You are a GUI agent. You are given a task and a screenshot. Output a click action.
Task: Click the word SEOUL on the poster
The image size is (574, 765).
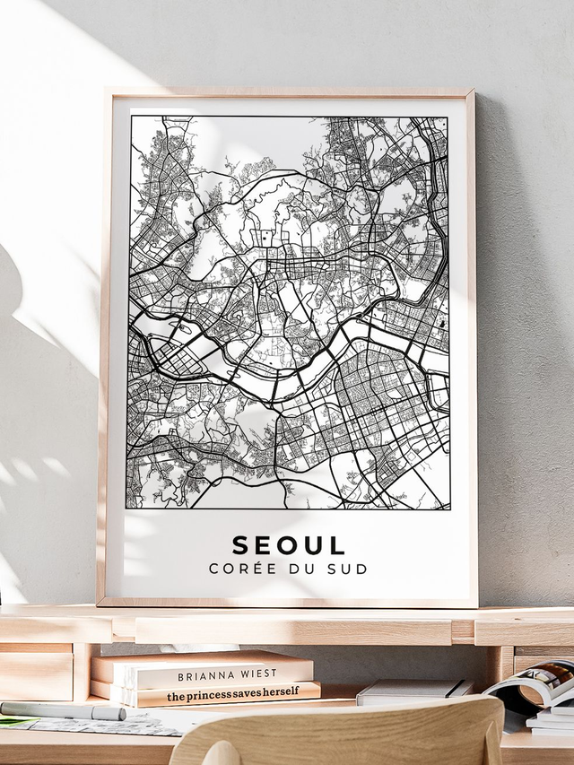tap(289, 545)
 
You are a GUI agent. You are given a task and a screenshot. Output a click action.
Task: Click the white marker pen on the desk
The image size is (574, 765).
tap(63, 711)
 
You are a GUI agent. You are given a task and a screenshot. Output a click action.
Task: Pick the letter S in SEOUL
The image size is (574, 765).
tap(241, 545)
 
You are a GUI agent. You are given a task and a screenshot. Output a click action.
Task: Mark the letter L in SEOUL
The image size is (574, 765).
tap(337, 545)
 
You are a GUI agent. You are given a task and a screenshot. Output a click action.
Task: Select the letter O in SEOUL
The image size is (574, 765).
tap(289, 545)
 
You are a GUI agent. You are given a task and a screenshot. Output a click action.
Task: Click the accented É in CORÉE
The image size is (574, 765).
tap(255, 568)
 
